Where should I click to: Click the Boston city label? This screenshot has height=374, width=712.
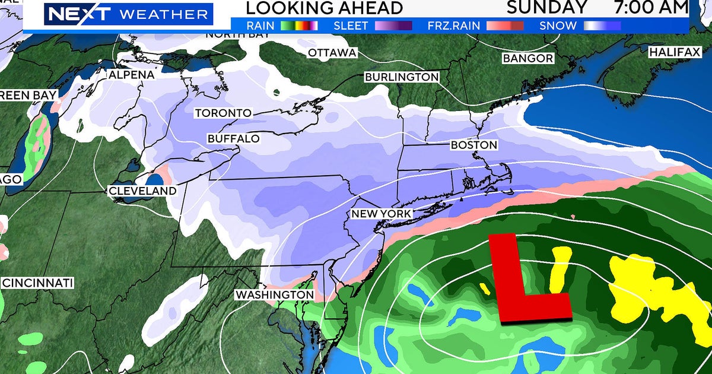coord(473,145)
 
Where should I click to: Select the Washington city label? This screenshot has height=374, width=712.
coord(274,294)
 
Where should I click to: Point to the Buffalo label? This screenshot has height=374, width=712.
coord(234,138)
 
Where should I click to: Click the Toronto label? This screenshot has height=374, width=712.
coord(223,113)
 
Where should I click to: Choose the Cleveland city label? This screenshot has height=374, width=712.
coord(142,191)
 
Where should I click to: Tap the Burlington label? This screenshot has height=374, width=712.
coord(402,77)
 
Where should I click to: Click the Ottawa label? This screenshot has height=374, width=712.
coord(332,53)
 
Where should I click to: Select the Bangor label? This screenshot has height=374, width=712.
coord(527,58)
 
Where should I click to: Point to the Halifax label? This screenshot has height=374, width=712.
coord(675,52)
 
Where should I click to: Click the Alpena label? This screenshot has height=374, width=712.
coord(131,75)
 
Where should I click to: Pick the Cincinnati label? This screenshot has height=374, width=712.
coord(38,283)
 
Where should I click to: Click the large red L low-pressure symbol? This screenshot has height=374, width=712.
coord(525,279)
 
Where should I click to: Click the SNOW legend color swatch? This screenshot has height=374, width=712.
coord(602,26)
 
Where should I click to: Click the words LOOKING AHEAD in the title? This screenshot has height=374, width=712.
coord(324,8)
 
